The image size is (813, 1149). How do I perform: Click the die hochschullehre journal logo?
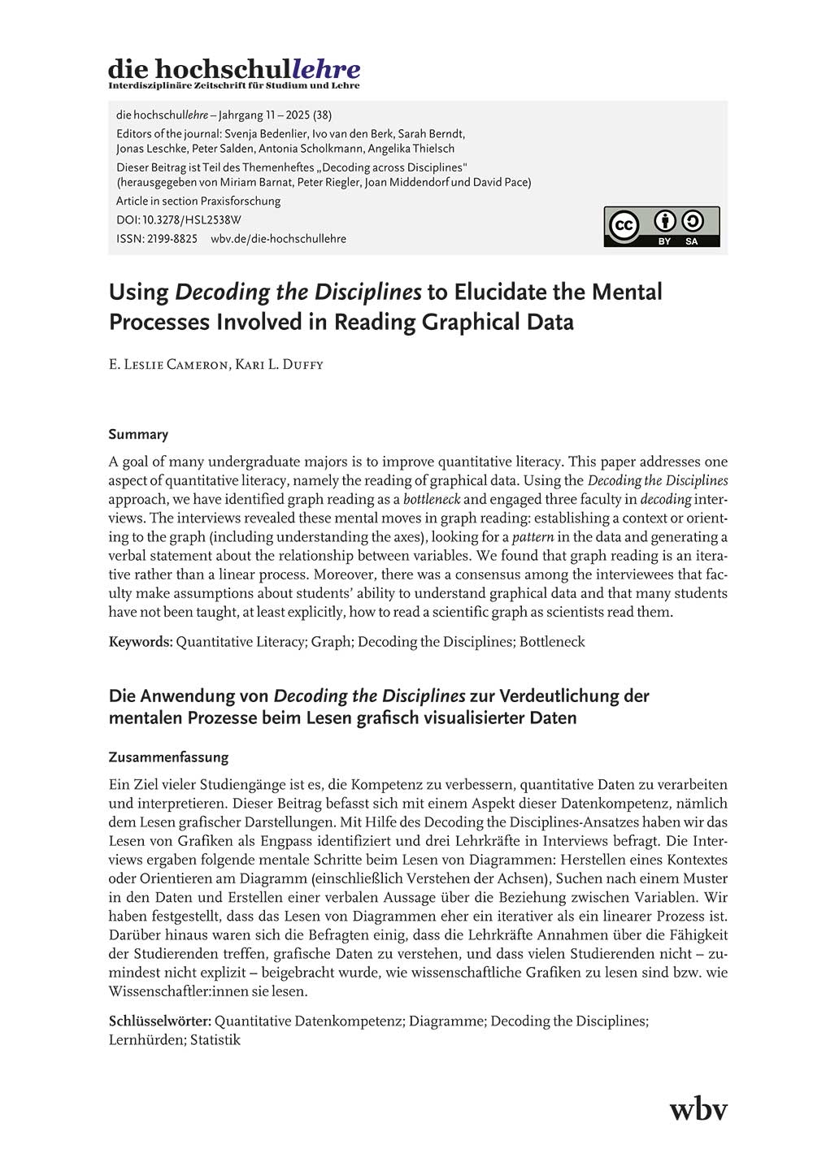[234, 72]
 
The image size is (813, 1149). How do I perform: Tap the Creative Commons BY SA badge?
[661, 227]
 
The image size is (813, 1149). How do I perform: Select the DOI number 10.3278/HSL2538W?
[191, 219]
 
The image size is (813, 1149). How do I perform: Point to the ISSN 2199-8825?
[157, 239]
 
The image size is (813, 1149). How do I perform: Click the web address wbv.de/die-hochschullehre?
[278, 239]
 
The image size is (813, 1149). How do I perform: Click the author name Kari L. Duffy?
[279, 365]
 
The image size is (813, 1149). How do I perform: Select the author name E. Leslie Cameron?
[168, 365]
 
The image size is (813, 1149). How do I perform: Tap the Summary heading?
[138, 434]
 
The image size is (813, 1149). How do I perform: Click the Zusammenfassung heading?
[168, 757]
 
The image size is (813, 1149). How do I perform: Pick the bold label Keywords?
[141, 642]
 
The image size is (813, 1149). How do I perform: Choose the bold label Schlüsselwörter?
[160, 1021]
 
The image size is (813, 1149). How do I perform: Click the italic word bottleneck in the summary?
[432, 500]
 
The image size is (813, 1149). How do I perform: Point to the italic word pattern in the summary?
[533, 537]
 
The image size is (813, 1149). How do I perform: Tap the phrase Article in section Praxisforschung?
[198, 201]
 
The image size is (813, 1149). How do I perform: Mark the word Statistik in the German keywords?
[215, 1040]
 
